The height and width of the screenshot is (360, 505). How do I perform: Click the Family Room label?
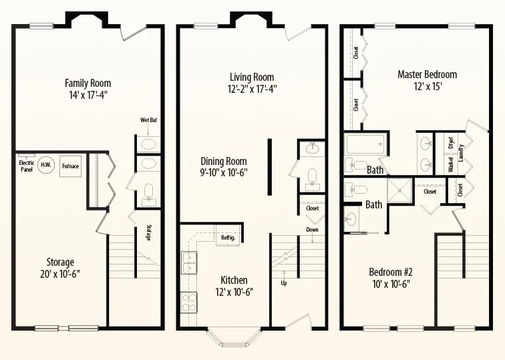[x=88, y=83]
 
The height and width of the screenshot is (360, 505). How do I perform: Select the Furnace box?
[x=70, y=166]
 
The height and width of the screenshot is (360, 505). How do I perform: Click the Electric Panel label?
[x=27, y=165]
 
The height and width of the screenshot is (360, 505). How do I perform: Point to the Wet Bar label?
[x=148, y=120]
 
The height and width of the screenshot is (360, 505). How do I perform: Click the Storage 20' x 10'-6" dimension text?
[x=60, y=274]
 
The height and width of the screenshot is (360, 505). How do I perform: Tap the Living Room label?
[x=252, y=77]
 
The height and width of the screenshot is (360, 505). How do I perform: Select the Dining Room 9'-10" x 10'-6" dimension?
[x=224, y=173]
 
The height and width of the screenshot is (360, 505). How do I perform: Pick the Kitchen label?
[x=234, y=280]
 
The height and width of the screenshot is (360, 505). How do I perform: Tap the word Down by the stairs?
[x=312, y=230]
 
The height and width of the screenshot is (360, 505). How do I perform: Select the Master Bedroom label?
[x=427, y=75]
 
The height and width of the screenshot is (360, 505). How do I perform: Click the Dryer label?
[x=451, y=142]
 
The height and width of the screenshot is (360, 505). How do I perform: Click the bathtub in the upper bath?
[x=365, y=144]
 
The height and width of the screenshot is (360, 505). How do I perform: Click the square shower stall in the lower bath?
[x=399, y=190]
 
